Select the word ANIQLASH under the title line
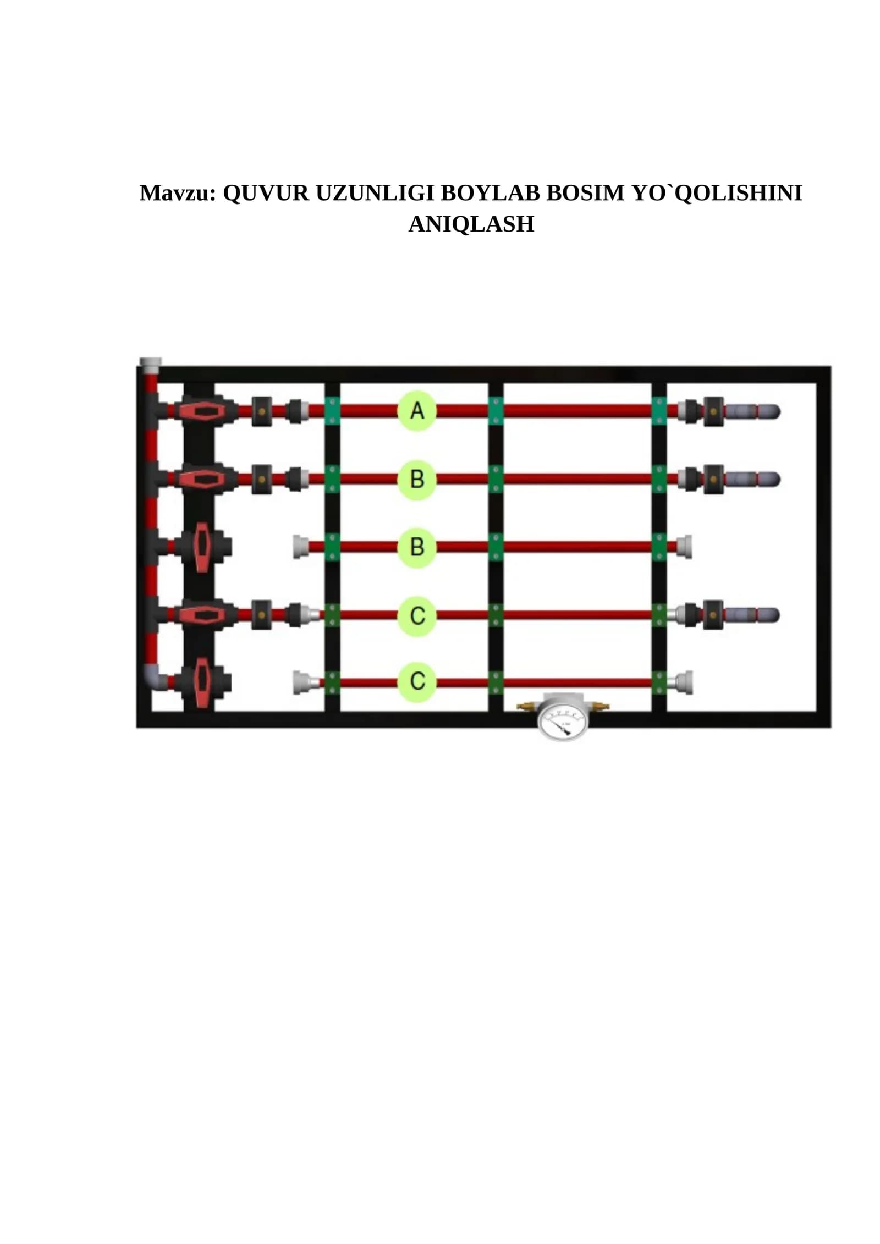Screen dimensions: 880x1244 [471, 224]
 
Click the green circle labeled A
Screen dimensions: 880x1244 [417, 411]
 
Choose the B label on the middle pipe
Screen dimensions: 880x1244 [417, 547]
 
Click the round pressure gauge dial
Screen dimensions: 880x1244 [564, 721]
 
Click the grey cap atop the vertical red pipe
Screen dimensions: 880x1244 [150, 365]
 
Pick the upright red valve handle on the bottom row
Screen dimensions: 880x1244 [202, 682]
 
